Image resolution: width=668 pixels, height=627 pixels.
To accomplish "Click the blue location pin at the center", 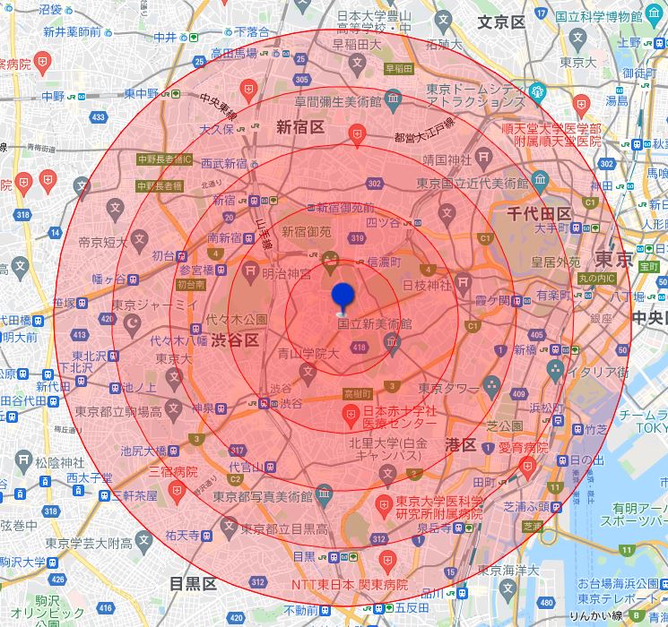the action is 343,296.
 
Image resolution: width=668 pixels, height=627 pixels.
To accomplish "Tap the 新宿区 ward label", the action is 299,126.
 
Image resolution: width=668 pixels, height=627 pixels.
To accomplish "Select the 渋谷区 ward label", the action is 235,340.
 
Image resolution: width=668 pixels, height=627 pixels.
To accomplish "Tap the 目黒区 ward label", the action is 194,583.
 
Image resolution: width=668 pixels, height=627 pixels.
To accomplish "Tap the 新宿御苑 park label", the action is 307,231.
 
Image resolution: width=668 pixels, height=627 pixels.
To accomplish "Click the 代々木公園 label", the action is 237,319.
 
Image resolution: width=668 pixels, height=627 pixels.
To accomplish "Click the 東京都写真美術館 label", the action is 263,495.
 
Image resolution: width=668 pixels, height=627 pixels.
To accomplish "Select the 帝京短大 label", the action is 101,242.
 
